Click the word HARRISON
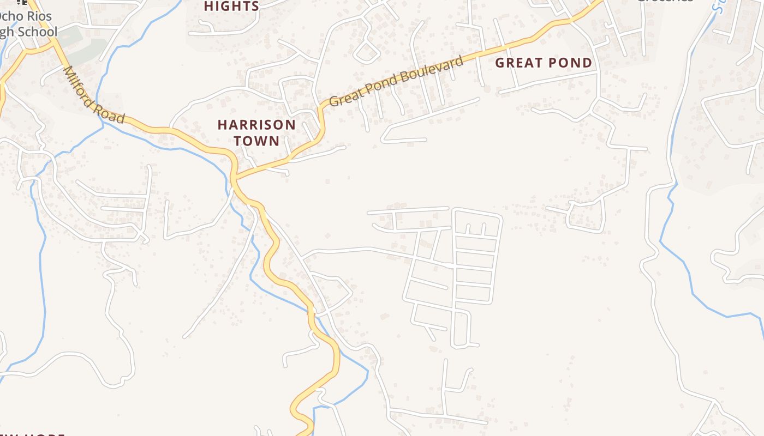coord(256,125)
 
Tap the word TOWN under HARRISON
coord(256,141)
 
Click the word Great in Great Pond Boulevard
coord(344,99)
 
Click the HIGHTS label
coord(231,7)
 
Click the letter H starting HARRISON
coord(222,125)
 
